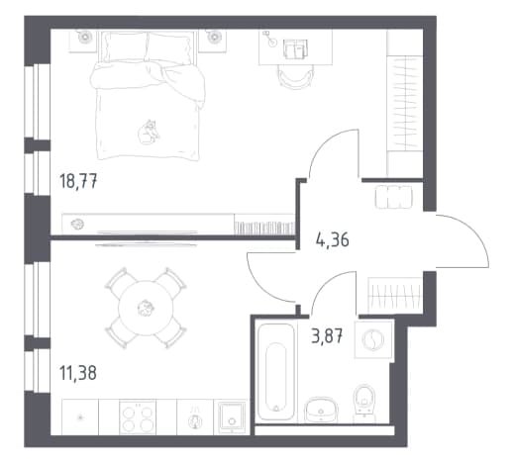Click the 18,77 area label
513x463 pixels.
(x=78, y=181)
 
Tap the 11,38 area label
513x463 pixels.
(x=78, y=373)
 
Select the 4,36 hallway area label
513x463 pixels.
(x=332, y=239)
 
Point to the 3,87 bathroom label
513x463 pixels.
(x=327, y=336)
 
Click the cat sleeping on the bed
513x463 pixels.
(x=149, y=133)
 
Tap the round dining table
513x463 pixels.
(x=146, y=308)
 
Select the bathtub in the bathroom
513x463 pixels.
(x=276, y=372)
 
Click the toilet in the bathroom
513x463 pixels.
(x=364, y=403)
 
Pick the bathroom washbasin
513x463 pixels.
(x=321, y=410)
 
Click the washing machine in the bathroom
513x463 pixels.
(x=373, y=339)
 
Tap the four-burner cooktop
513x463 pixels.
(x=138, y=417)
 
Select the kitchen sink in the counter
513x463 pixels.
(x=231, y=417)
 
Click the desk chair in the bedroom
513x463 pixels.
(x=295, y=76)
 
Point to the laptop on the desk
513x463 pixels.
(x=295, y=48)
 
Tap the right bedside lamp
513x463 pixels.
(x=213, y=36)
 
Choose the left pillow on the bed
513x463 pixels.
(x=125, y=47)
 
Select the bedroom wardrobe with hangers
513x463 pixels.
(x=405, y=104)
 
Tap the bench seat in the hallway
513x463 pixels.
(x=394, y=197)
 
